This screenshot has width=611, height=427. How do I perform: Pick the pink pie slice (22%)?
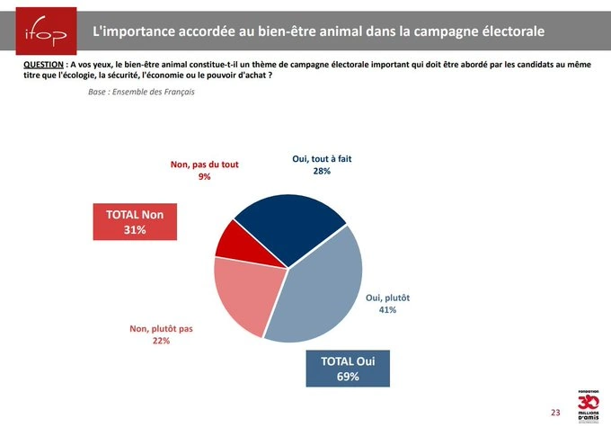pos(241,292)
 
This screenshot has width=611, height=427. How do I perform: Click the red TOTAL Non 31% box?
pos(135,222)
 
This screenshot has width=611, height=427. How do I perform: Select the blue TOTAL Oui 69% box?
pos(347,369)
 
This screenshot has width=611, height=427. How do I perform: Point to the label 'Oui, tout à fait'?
pos(323,158)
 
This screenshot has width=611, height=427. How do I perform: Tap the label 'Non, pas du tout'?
pos(205,165)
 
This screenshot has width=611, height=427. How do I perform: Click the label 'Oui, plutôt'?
pos(388,298)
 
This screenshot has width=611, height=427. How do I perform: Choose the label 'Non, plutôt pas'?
pos(163,329)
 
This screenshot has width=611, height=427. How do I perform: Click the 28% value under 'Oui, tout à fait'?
pos(323,171)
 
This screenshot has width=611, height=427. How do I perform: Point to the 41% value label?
pos(388,310)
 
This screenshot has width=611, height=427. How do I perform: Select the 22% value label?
pos(163,341)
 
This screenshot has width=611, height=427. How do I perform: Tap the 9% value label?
pos(205,177)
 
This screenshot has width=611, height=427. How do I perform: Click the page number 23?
pos(554,412)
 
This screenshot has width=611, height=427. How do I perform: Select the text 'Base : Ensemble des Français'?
pos(141,92)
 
